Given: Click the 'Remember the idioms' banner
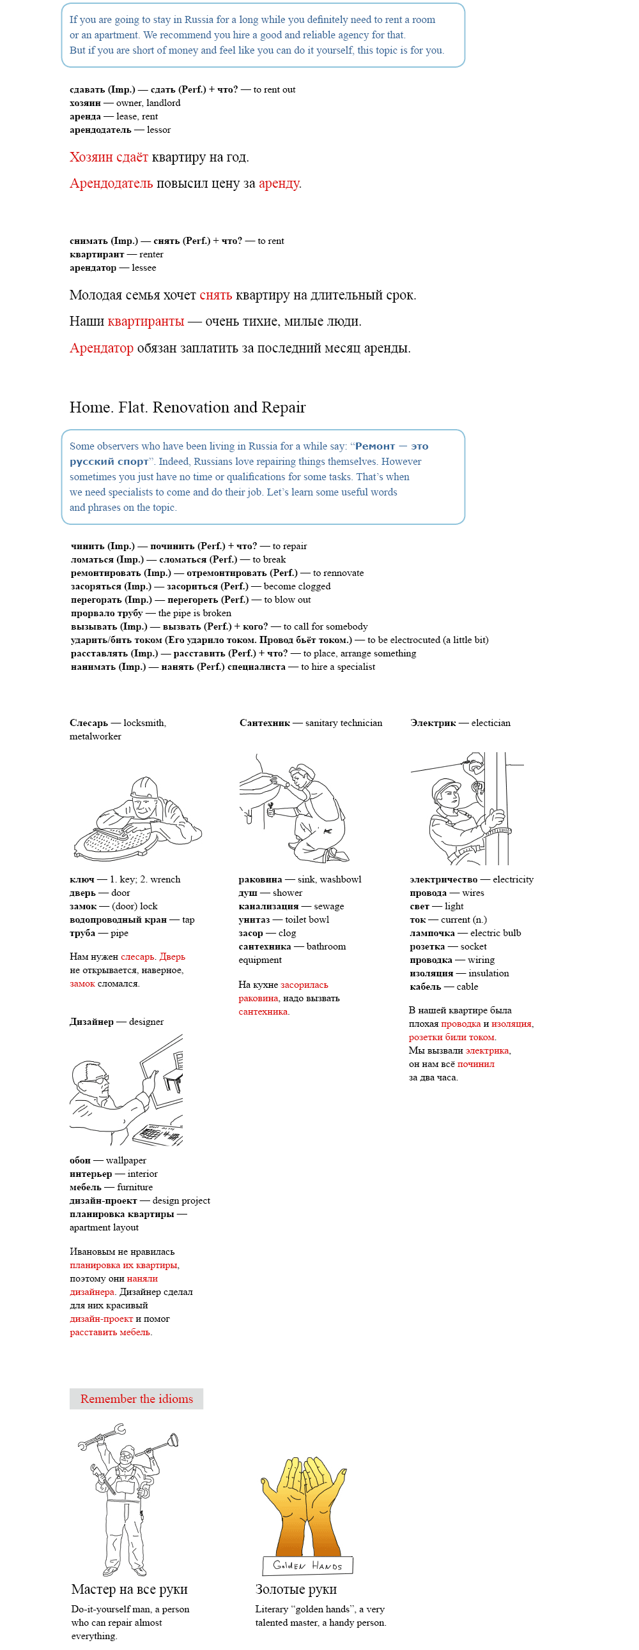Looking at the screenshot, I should point(136,1398).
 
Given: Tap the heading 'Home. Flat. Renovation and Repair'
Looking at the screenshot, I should point(187,407).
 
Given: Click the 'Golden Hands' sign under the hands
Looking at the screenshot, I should point(307,1565).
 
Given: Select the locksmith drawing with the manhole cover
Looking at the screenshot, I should point(137,818).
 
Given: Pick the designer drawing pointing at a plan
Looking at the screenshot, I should point(127,1089).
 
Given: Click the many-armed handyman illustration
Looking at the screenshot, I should point(127,1498).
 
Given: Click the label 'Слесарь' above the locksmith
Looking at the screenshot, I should point(89,723).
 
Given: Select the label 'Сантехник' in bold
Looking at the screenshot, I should point(265,723).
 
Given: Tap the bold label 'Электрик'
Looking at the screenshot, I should point(433,723).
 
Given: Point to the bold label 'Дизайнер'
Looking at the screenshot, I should point(91,1022).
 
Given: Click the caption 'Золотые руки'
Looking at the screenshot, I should point(295,1589).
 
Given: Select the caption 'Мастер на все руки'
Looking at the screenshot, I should point(129,1589).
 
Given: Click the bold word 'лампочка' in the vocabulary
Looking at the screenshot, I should point(432,934).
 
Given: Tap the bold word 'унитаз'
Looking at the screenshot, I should point(254,920).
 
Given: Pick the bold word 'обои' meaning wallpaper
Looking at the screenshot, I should point(80,1160).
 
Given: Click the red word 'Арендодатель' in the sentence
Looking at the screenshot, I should point(111,184).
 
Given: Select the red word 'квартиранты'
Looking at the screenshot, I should point(146,322).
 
